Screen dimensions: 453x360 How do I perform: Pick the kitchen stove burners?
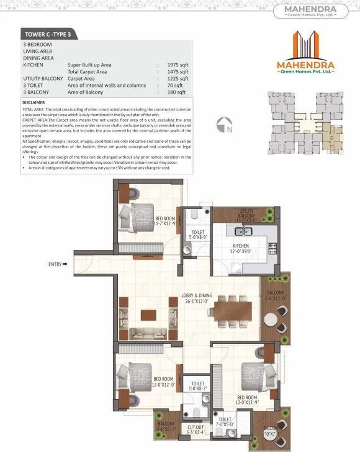pos(271,249)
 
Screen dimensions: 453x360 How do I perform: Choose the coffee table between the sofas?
pos(148,313)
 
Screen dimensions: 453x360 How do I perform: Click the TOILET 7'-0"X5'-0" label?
pos(224,422)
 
